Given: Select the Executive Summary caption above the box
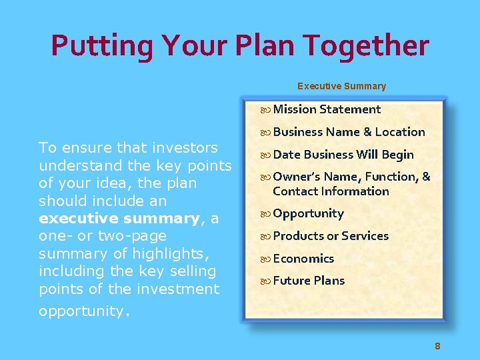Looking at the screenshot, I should pos(341,86).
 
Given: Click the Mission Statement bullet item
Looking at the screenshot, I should pos(327,109).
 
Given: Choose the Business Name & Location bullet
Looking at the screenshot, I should pos(349,132).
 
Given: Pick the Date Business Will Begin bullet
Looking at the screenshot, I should pos(343,155).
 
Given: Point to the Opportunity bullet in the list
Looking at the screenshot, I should pos(308,214).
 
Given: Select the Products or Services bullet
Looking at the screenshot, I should pos(331,236).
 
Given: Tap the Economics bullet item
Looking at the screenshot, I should pos(303,259).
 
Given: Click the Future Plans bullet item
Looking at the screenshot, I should pos(309,281).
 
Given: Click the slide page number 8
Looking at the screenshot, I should pos(437,345).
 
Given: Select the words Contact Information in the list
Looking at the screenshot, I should pos(331,191).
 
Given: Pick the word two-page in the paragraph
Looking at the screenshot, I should pos(132,236).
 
